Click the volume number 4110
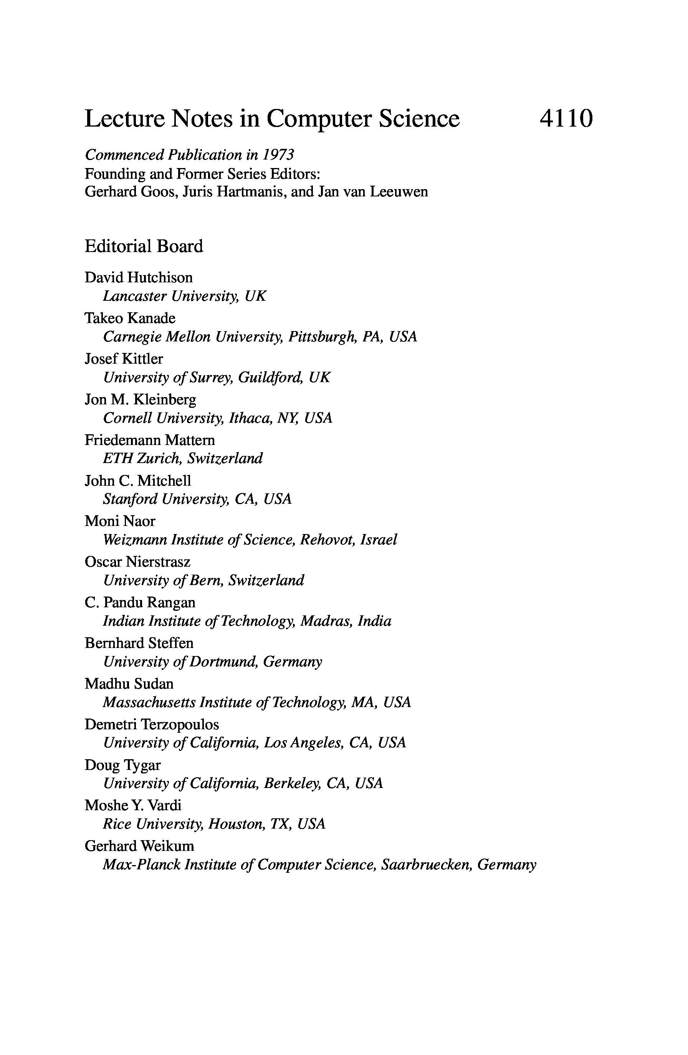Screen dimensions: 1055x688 566,119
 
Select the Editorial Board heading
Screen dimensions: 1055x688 144,246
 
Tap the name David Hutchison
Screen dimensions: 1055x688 138,277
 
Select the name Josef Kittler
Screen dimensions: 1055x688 124,359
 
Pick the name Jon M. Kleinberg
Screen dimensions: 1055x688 140,399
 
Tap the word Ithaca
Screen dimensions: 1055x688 249,418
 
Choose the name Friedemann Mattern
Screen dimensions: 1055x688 149,440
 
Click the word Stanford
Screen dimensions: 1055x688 130,499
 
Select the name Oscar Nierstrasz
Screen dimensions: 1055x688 137,562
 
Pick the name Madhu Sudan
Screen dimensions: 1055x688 129,684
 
